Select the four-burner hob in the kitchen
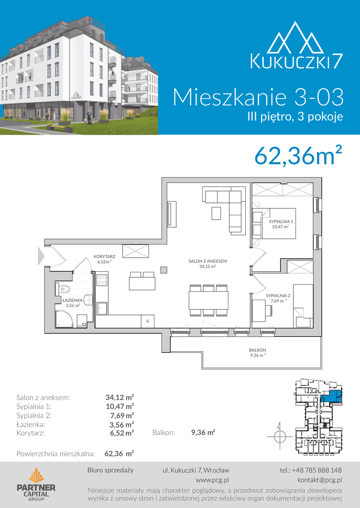click(x=102, y=280)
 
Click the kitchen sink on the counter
click(x=102, y=309)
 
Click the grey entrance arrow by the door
click(x=41, y=256)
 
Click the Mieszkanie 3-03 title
click(x=258, y=97)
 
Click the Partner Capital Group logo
click(x=36, y=484)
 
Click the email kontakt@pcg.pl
click(x=319, y=480)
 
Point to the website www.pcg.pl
click(x=213, y=480)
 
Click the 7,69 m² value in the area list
click(x=122, y=415)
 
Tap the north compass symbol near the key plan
click(x=280, y=436)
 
